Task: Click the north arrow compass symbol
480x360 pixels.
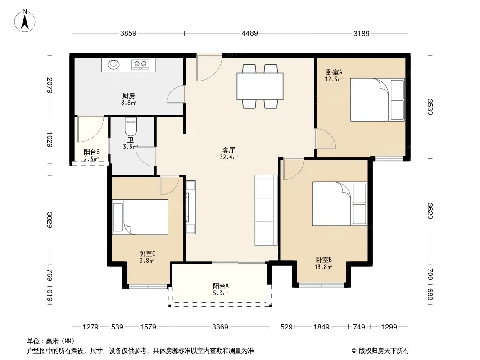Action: (25, 21)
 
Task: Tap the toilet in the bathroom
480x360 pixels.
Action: (131, 127)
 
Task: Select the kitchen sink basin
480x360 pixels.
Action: (113, 64)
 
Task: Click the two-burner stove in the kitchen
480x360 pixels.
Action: (140, 64)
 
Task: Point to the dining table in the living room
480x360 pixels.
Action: (260, 86)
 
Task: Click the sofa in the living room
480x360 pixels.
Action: (266, 211)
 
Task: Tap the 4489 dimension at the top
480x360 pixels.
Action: (250, 33)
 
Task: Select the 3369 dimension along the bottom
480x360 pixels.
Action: (220, 327)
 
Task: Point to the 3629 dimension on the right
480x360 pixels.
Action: (430, 211)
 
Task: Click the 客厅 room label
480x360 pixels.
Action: (229, 150)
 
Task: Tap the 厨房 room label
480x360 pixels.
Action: (129, 96)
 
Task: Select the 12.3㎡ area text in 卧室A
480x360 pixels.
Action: (334, 79)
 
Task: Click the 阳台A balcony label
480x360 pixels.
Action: (221, 286)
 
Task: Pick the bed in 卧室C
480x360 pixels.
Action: (140, 217)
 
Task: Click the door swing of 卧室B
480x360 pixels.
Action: (294, 169)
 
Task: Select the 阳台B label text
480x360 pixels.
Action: (91, 152)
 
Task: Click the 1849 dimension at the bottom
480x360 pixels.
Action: (322, 327)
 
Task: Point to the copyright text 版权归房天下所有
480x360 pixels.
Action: (384, 351)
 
